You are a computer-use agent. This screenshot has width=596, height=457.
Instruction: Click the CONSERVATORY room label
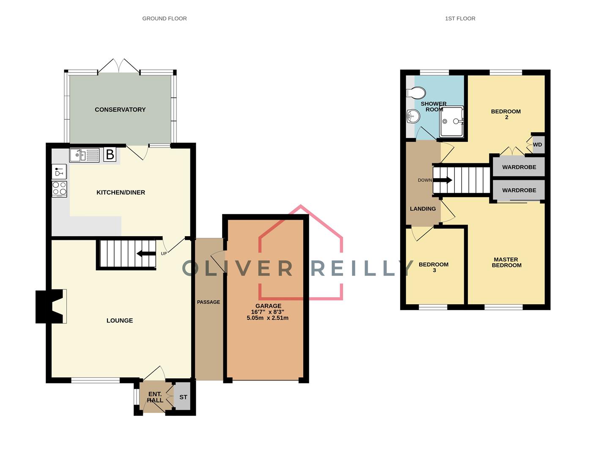click(120, 110)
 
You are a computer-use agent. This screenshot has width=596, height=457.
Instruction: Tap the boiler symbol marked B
click(110, 154)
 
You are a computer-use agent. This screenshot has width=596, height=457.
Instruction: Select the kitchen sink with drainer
click(84, 155)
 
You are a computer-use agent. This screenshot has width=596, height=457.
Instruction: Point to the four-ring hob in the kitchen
click(59, 189)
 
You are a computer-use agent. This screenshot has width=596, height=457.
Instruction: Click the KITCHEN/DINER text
click(121, 193)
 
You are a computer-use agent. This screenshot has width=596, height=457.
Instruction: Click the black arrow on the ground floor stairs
click(146, 254)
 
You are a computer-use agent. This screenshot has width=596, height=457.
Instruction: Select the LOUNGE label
click(120, 321)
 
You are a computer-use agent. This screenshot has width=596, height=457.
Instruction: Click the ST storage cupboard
click(183, 397)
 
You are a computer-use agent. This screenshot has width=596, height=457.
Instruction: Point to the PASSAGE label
click(209, 302)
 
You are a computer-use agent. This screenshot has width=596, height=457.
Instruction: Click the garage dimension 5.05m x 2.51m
click(267, 318)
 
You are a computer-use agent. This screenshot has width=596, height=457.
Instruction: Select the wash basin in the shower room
click(412, 116)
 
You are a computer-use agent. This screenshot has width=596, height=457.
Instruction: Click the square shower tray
click(451, 121)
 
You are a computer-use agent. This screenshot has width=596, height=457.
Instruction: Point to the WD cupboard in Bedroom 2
click(538, 145)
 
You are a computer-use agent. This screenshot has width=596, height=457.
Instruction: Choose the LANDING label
click(423, 209)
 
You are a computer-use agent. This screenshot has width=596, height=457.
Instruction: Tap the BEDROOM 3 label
click(434, 267)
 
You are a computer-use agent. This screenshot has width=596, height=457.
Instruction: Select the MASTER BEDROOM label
click(506, 262)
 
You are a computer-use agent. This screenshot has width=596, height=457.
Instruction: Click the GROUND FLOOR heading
click(164, 19)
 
